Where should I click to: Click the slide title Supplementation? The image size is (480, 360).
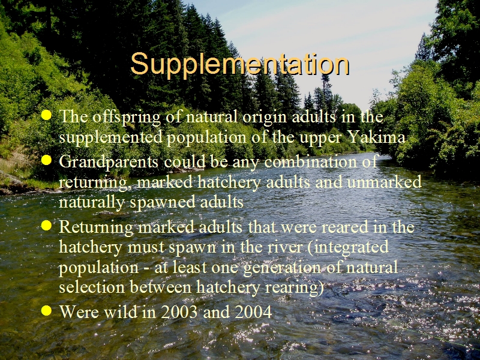click(x=239, y=65)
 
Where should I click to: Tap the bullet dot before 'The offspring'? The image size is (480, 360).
click(x=46, y=115)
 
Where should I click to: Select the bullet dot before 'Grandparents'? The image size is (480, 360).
click(x=46, y=160)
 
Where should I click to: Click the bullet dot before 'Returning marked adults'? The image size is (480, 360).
click(x=46, y=226)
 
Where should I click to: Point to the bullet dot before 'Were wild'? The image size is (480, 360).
click(x=46, y=310)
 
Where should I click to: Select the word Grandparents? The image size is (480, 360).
click(x=109, y=162)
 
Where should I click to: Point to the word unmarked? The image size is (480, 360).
click(x=385, y=182)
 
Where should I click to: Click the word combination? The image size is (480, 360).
click(x=310, y=161)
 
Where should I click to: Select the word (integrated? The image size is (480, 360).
click(x=348, y=247)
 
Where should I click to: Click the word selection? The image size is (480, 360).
click(x=92, y=287)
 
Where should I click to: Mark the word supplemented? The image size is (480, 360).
click(x=110, y=138)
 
